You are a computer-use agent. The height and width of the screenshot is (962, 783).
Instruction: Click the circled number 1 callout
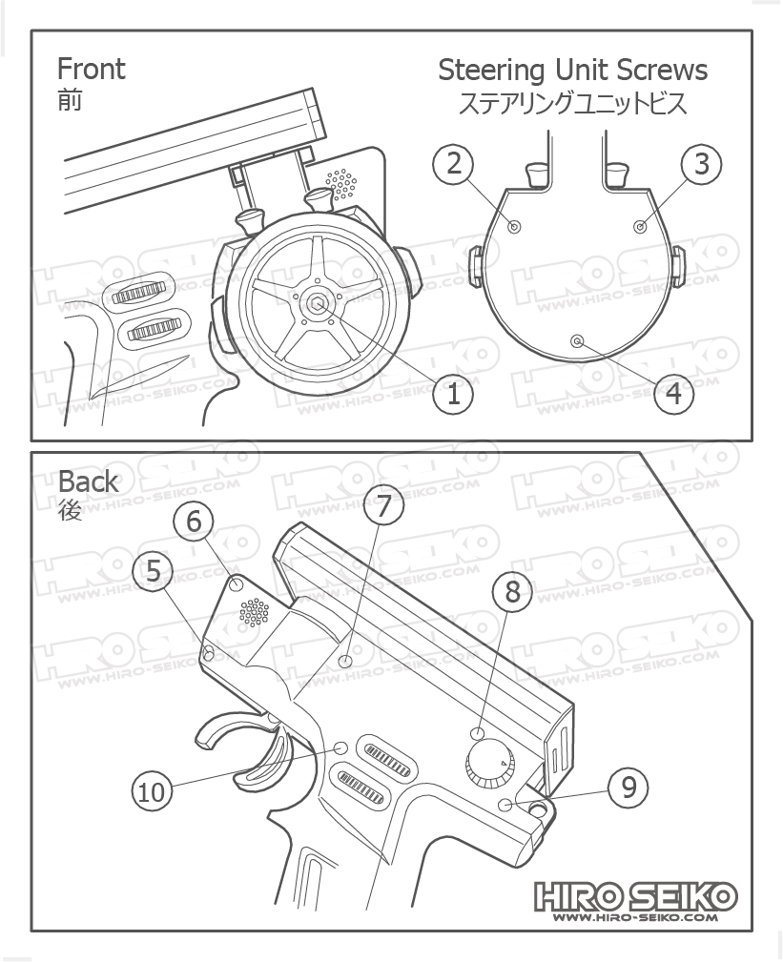454,393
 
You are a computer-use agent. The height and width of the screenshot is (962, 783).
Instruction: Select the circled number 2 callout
454,164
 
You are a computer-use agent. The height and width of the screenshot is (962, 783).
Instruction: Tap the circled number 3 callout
702,164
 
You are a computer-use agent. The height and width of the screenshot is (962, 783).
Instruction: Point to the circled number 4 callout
674,393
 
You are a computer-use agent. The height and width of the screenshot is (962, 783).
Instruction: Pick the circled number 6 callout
194,521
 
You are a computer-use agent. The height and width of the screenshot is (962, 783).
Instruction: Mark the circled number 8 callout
513,592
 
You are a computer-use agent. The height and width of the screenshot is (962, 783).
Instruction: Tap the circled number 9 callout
628,788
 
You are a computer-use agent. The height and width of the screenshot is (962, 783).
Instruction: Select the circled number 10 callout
152,791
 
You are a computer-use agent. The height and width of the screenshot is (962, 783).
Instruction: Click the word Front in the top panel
92,69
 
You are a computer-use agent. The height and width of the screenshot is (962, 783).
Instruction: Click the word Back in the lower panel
89,481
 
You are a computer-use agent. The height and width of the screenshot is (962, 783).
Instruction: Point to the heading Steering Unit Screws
572,70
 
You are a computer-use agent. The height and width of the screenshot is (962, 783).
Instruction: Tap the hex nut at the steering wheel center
319,305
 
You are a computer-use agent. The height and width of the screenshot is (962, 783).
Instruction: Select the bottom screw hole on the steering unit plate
576,340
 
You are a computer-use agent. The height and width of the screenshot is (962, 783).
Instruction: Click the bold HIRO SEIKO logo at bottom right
635,895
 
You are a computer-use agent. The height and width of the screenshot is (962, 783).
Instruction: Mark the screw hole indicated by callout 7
346,661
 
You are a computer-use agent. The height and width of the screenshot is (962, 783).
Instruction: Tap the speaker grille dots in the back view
254,611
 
